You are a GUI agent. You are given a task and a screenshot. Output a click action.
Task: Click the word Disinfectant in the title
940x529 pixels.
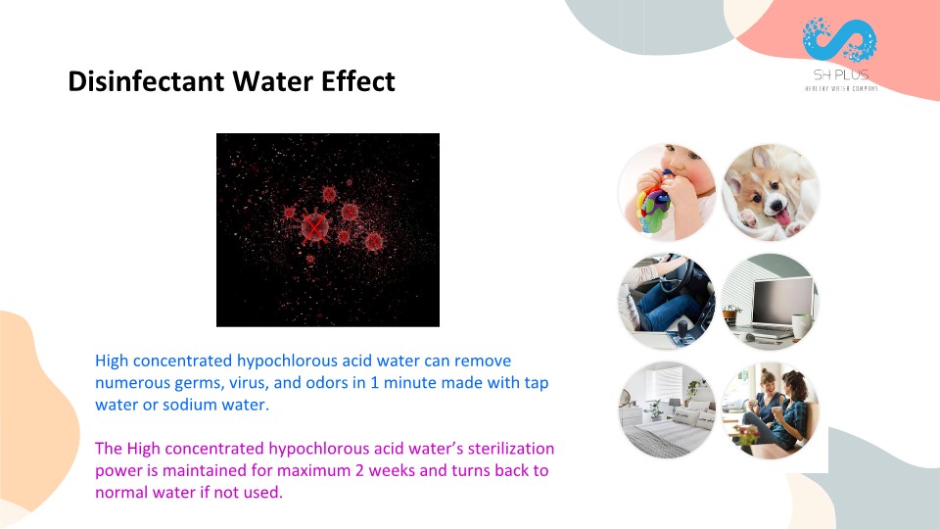pos(146,81)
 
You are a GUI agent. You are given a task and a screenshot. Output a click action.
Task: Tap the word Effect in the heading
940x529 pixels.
pos(358,81)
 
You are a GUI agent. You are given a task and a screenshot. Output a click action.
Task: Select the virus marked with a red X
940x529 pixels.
pos(314,227)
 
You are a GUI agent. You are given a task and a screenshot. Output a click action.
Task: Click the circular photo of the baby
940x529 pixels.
pos(667,192)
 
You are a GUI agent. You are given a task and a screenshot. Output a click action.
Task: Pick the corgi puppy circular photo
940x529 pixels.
pos(771,192)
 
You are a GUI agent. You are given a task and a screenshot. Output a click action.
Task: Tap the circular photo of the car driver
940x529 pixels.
pos(667,301)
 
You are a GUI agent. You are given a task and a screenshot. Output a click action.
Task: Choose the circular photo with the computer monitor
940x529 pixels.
pos(771,301)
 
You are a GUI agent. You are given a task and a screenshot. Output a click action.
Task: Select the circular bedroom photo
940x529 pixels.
pos(667,410)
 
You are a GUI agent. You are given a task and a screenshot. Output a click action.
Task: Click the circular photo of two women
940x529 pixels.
pos(771,410)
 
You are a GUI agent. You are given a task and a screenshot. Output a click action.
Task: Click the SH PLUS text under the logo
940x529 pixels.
pos(840,75)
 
